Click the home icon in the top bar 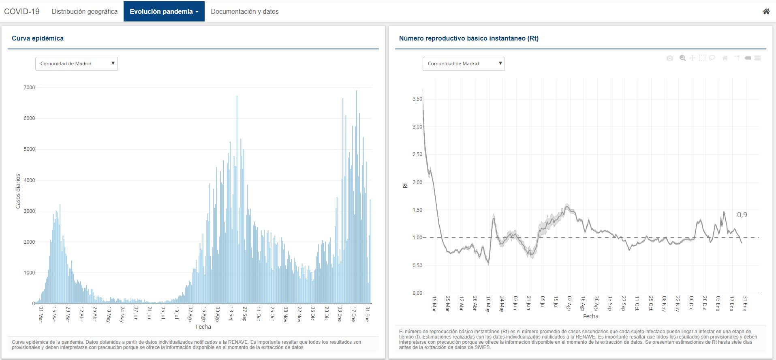[x=766, y=11]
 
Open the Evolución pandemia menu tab [x=164, y=11]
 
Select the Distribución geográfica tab [x=85, y=11]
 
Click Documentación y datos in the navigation [x=245, y=11]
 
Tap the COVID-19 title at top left [x=22, y=11]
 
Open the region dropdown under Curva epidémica [x=76, y=64]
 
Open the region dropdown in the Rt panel [x=464, y=64]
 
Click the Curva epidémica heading [x=38, y=38]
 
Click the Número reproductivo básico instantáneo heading [x=468, y=38]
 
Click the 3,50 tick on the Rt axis [x=417, y=99]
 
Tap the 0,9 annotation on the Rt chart [x=742, y=215]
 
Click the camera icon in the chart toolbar [x=669, y=58]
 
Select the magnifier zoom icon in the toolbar [x=682, y=58]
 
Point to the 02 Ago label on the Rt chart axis [x=569, y=303]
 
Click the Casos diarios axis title [x=18, y=191]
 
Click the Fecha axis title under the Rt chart [x=590, y=316]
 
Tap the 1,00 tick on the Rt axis [x=417, y=238]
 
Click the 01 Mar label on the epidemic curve [x=41, y=314]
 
